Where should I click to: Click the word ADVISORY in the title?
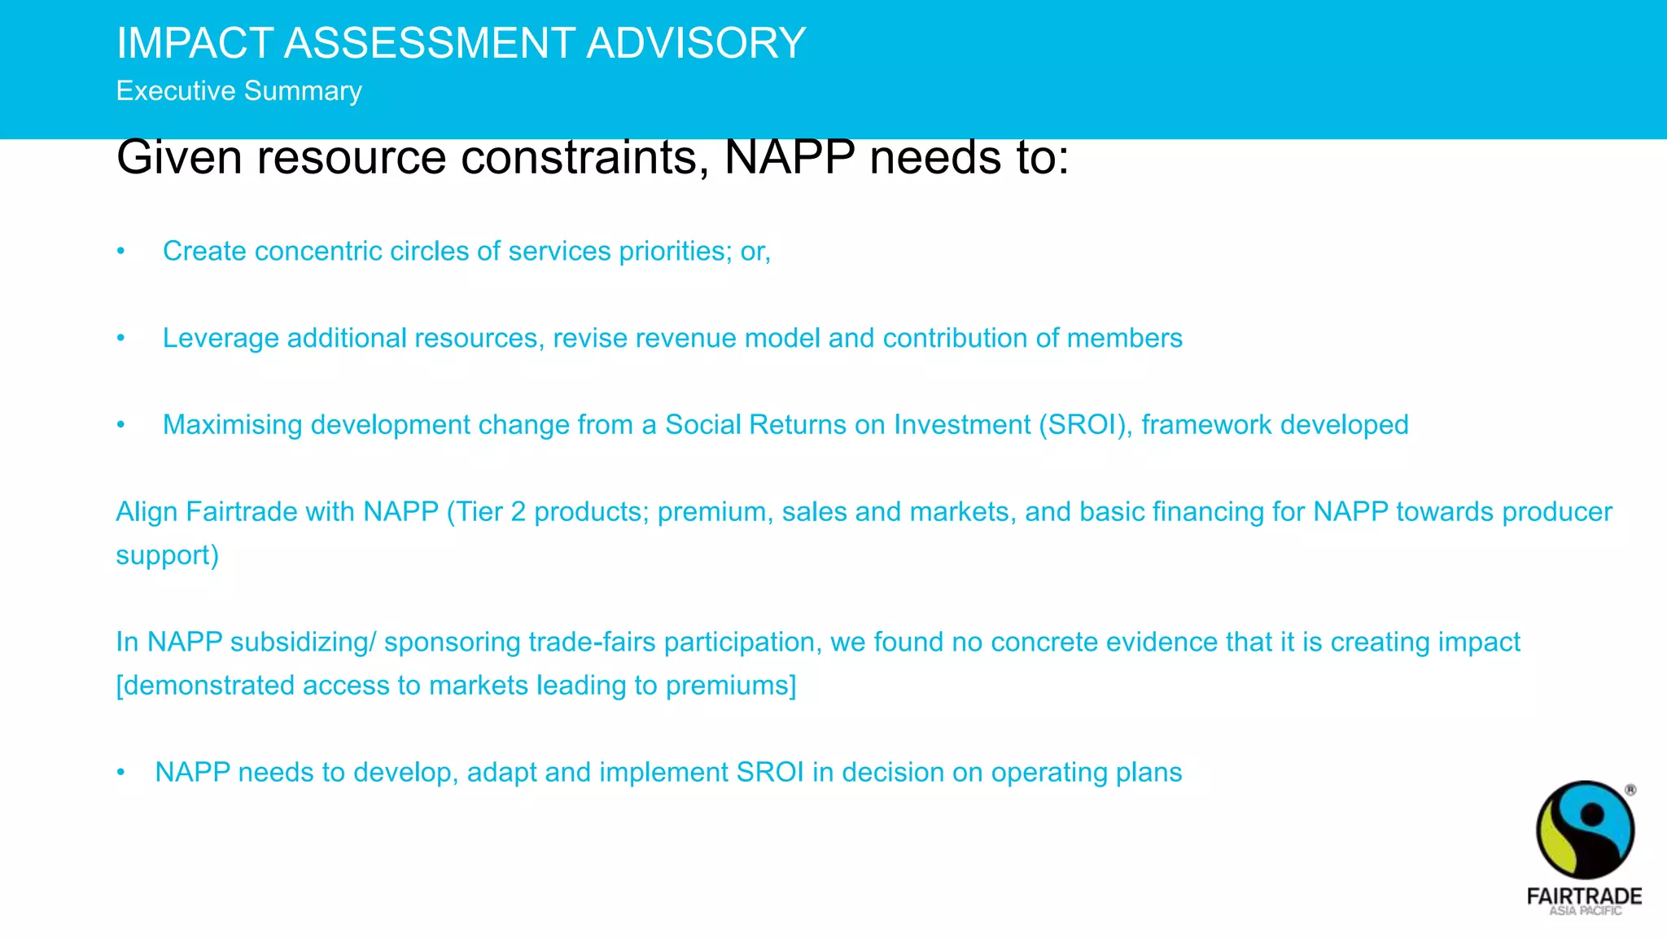696,43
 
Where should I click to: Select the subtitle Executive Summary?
238,90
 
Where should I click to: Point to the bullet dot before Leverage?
120,338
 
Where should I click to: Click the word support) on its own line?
167,555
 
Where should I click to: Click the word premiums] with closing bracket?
730,686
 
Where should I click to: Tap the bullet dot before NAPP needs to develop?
120,773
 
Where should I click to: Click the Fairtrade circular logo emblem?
1584,830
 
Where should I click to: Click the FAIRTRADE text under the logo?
1584,896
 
